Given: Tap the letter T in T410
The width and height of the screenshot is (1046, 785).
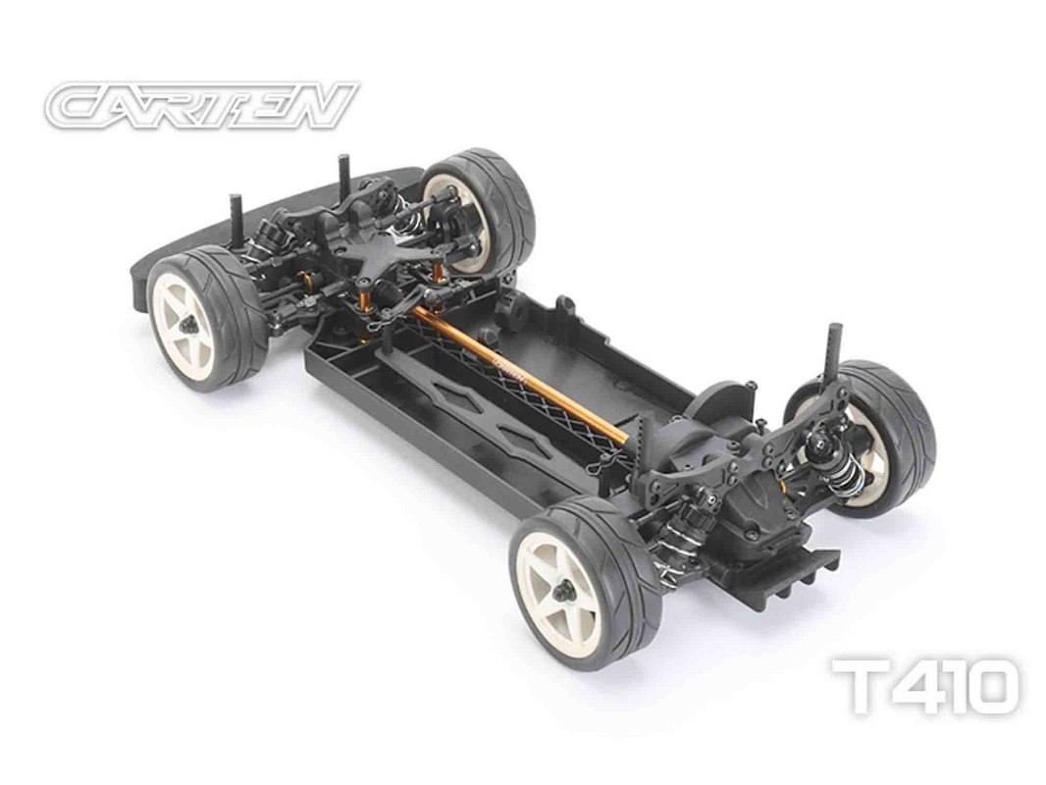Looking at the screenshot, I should point(863,686).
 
